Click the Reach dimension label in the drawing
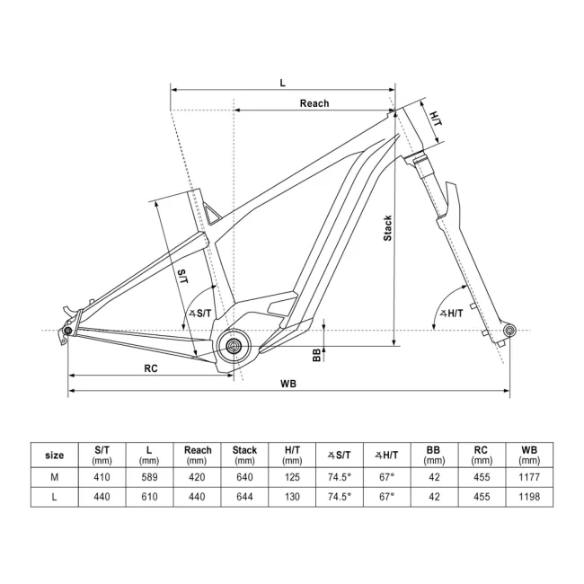[x=314, y=103]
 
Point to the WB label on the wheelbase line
[x=288, y=383]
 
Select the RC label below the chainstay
[x=151, y=368]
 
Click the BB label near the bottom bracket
[x=316, y=355]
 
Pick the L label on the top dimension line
[x=282, y=83]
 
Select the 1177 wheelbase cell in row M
[x=528, y=477]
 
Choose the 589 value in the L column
[x=149, y=477]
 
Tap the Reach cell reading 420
[x=197, y=477]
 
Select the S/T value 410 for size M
[x=102, y=477]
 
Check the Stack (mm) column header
[x=244, y=455]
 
